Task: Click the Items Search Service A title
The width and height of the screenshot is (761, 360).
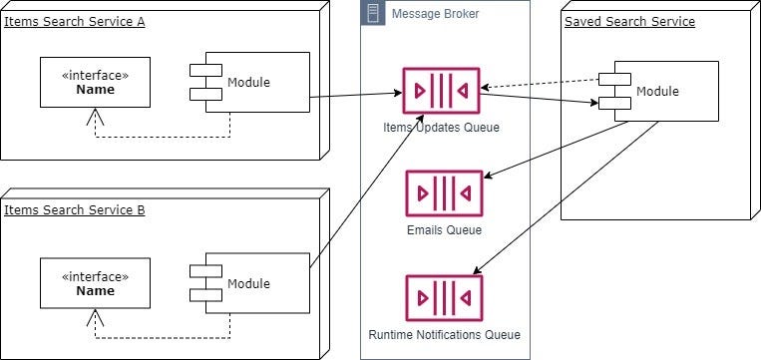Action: pos(74,21)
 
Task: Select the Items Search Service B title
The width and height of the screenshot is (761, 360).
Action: pos(74,209)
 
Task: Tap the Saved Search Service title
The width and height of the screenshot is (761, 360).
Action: pos(629,21)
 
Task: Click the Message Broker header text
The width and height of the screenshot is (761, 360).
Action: pos(435,13)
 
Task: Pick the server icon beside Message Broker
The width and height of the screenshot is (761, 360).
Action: pos(374,13)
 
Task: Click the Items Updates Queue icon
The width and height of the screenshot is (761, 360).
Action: pos(441,91)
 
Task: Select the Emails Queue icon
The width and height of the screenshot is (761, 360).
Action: pos(444,193)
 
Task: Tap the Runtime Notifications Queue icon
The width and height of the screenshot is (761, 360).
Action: pos(444,297)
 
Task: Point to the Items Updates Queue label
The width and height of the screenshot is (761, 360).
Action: pos(441,127)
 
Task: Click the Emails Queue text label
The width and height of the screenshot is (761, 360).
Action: pos(444,230)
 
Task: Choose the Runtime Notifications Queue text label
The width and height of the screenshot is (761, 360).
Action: pos(444,334)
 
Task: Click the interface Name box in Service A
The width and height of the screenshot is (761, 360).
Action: pos(96,83)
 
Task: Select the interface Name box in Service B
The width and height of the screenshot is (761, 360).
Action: pos(96,283)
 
